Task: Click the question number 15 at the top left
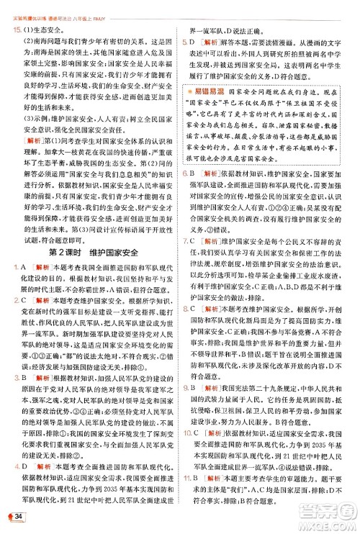[16, 30]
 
